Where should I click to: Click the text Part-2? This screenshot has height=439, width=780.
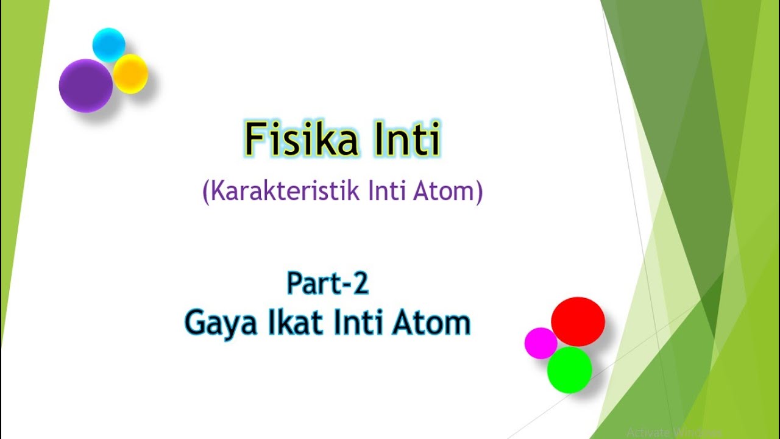pyautogui.click(x=328, y=284)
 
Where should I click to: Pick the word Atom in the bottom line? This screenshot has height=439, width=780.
pyautogui.click(x=431, y=322)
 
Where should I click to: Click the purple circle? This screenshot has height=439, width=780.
pyautogui.click(x=85, y=85)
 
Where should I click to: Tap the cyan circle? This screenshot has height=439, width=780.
pyautogui.click(x=109, y=45)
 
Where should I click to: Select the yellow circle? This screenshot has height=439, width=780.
pyautogui.click(x=131, y=74)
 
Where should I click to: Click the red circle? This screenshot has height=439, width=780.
pyautogui.click(x=578, y=321)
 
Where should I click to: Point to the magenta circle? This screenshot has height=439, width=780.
pyautogui.click(x=541, y=343)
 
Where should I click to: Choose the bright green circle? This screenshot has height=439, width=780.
pyautogui.click(x=569, y=369)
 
